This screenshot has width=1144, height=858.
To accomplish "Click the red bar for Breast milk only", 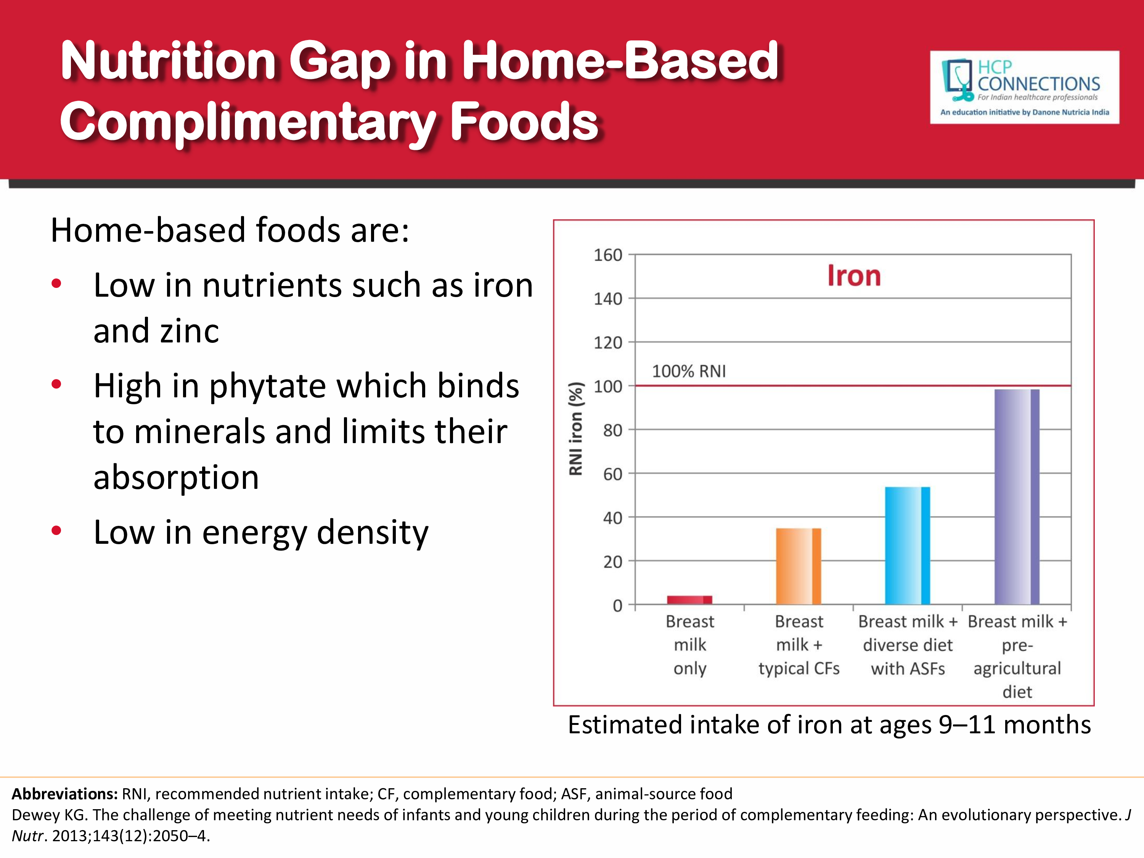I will (x=689, y=600).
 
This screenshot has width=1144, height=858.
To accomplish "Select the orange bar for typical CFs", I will (x=799, y=566).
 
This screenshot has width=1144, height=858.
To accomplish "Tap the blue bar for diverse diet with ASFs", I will (x=908, y=546).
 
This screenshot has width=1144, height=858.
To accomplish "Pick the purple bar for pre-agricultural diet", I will (x=1017, y=496).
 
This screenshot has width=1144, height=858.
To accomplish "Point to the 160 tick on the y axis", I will (x=608, y=255).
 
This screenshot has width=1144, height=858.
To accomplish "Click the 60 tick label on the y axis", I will (x=612, y=474).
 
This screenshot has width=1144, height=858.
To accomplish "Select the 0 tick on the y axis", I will (x=617, y=605).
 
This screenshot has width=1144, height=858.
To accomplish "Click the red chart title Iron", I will (x=854, y=276).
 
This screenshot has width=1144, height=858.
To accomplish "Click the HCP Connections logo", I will (x=1025, y=87).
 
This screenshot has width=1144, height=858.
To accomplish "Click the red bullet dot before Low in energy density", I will (x=56, y=531).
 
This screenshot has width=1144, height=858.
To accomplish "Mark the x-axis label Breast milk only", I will (x=689, y=644).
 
